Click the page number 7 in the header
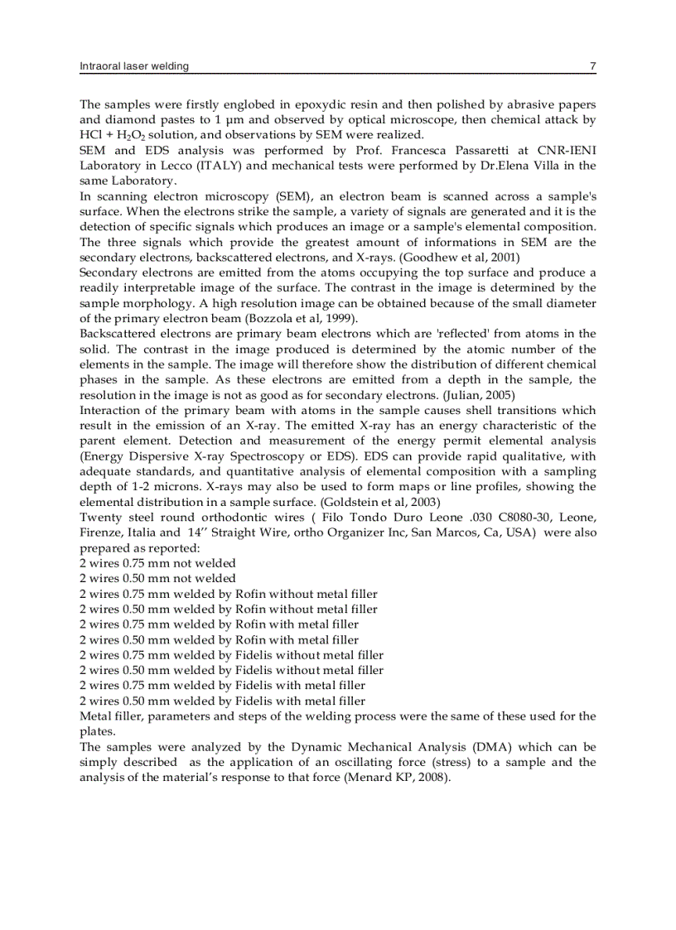point(592,66)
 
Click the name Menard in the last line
point(366,778)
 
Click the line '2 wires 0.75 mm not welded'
point(157,563)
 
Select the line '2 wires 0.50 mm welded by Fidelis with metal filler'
point(222,701)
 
